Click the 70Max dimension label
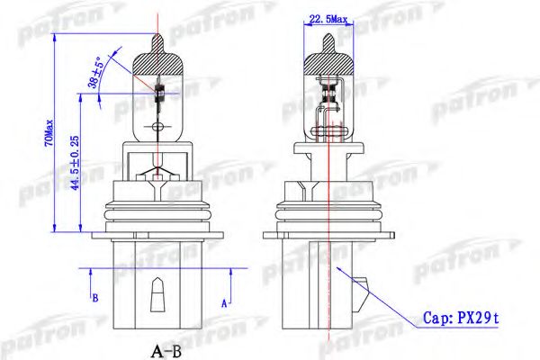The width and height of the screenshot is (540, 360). (x=49, y=132)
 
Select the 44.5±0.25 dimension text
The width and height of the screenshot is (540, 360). (x=75, y=163)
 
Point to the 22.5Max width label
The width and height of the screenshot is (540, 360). (x=328, y=19)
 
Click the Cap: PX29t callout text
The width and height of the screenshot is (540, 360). (x=461, y=318)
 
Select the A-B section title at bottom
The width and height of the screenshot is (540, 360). (x=166, y=352)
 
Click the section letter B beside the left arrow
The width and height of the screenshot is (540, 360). (x=95, y=298)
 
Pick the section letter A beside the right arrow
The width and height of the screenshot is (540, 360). (x=224, y=303)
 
